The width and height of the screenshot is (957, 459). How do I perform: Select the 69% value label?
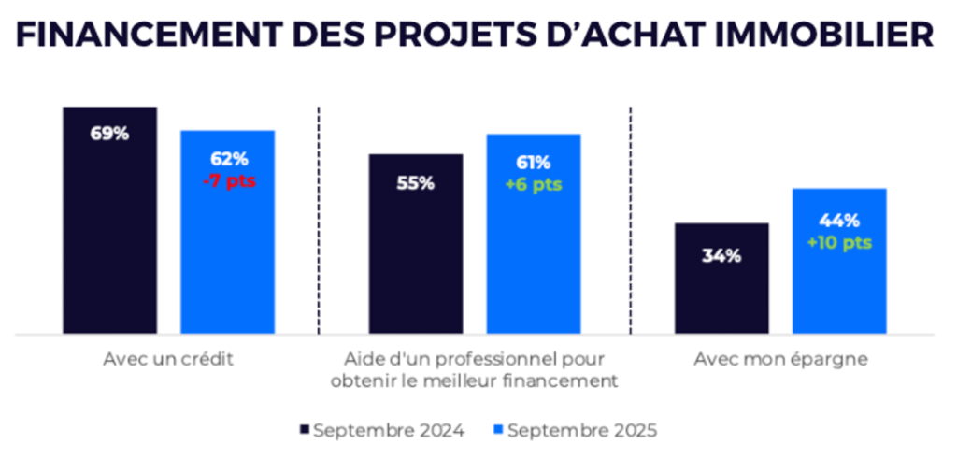[109, 134]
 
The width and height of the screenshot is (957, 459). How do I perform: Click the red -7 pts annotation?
[228, 180]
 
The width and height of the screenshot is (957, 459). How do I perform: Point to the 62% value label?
[228, 159]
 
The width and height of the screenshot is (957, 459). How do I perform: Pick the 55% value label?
[415, 183]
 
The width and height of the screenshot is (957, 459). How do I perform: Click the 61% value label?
[534, 163]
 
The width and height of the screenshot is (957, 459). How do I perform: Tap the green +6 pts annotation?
[534, 184]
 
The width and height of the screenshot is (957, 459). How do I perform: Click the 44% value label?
[839, 222]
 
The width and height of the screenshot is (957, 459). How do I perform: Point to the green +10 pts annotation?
[839, 243]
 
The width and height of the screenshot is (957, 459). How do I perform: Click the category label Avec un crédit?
[169, 359]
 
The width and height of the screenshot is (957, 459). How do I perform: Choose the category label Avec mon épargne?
[780, 359]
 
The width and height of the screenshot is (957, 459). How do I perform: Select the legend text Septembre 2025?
[582, 430]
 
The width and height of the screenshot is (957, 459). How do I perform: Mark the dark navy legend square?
[304, 430]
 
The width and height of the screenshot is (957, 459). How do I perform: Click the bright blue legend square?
[498, 430]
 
